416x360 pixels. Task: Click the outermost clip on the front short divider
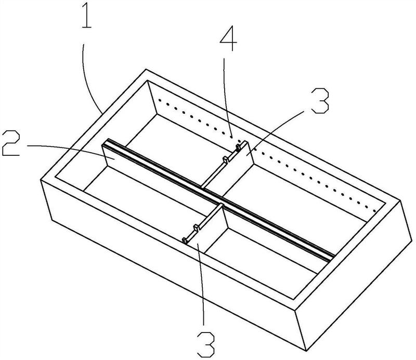tap(185, 239)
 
